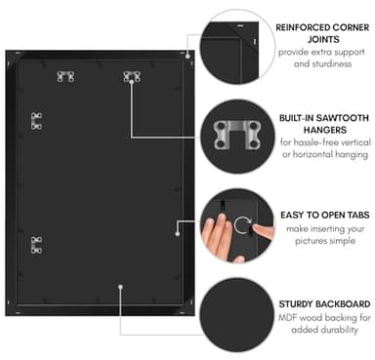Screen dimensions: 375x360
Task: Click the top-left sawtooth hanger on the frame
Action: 65,77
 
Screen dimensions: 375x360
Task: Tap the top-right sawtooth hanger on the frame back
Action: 132,77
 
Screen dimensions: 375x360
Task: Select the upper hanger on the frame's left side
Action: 36,121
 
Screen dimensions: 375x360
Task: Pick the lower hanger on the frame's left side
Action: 36,245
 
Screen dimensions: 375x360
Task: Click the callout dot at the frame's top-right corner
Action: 187,56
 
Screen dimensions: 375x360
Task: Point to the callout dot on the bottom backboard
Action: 120,287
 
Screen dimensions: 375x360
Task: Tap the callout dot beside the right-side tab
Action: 178,233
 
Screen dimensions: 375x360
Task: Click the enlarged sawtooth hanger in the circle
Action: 237,135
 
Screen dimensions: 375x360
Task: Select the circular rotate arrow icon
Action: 242,224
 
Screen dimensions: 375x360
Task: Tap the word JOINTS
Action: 323,40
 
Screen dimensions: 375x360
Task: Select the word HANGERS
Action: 324,130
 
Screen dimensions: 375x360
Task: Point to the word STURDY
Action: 296,304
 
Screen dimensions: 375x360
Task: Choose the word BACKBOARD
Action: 343,304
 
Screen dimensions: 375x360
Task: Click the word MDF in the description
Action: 287,317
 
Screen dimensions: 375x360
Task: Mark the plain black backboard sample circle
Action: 237,315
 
